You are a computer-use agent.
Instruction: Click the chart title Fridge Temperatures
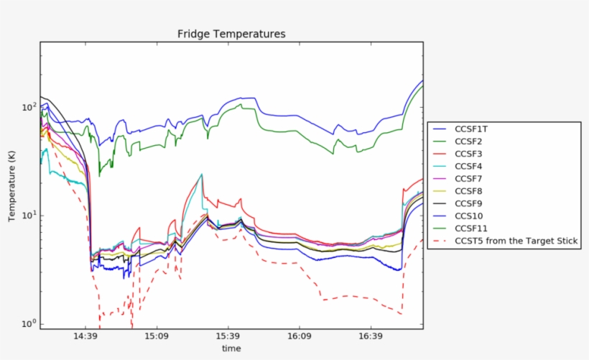[231, 34]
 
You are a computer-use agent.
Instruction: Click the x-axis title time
[231, 349]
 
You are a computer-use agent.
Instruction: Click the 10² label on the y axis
[28, 107]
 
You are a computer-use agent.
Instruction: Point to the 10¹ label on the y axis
[28, 216]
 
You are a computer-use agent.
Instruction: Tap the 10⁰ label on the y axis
[28, 324]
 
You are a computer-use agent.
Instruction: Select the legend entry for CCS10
[470, 216]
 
